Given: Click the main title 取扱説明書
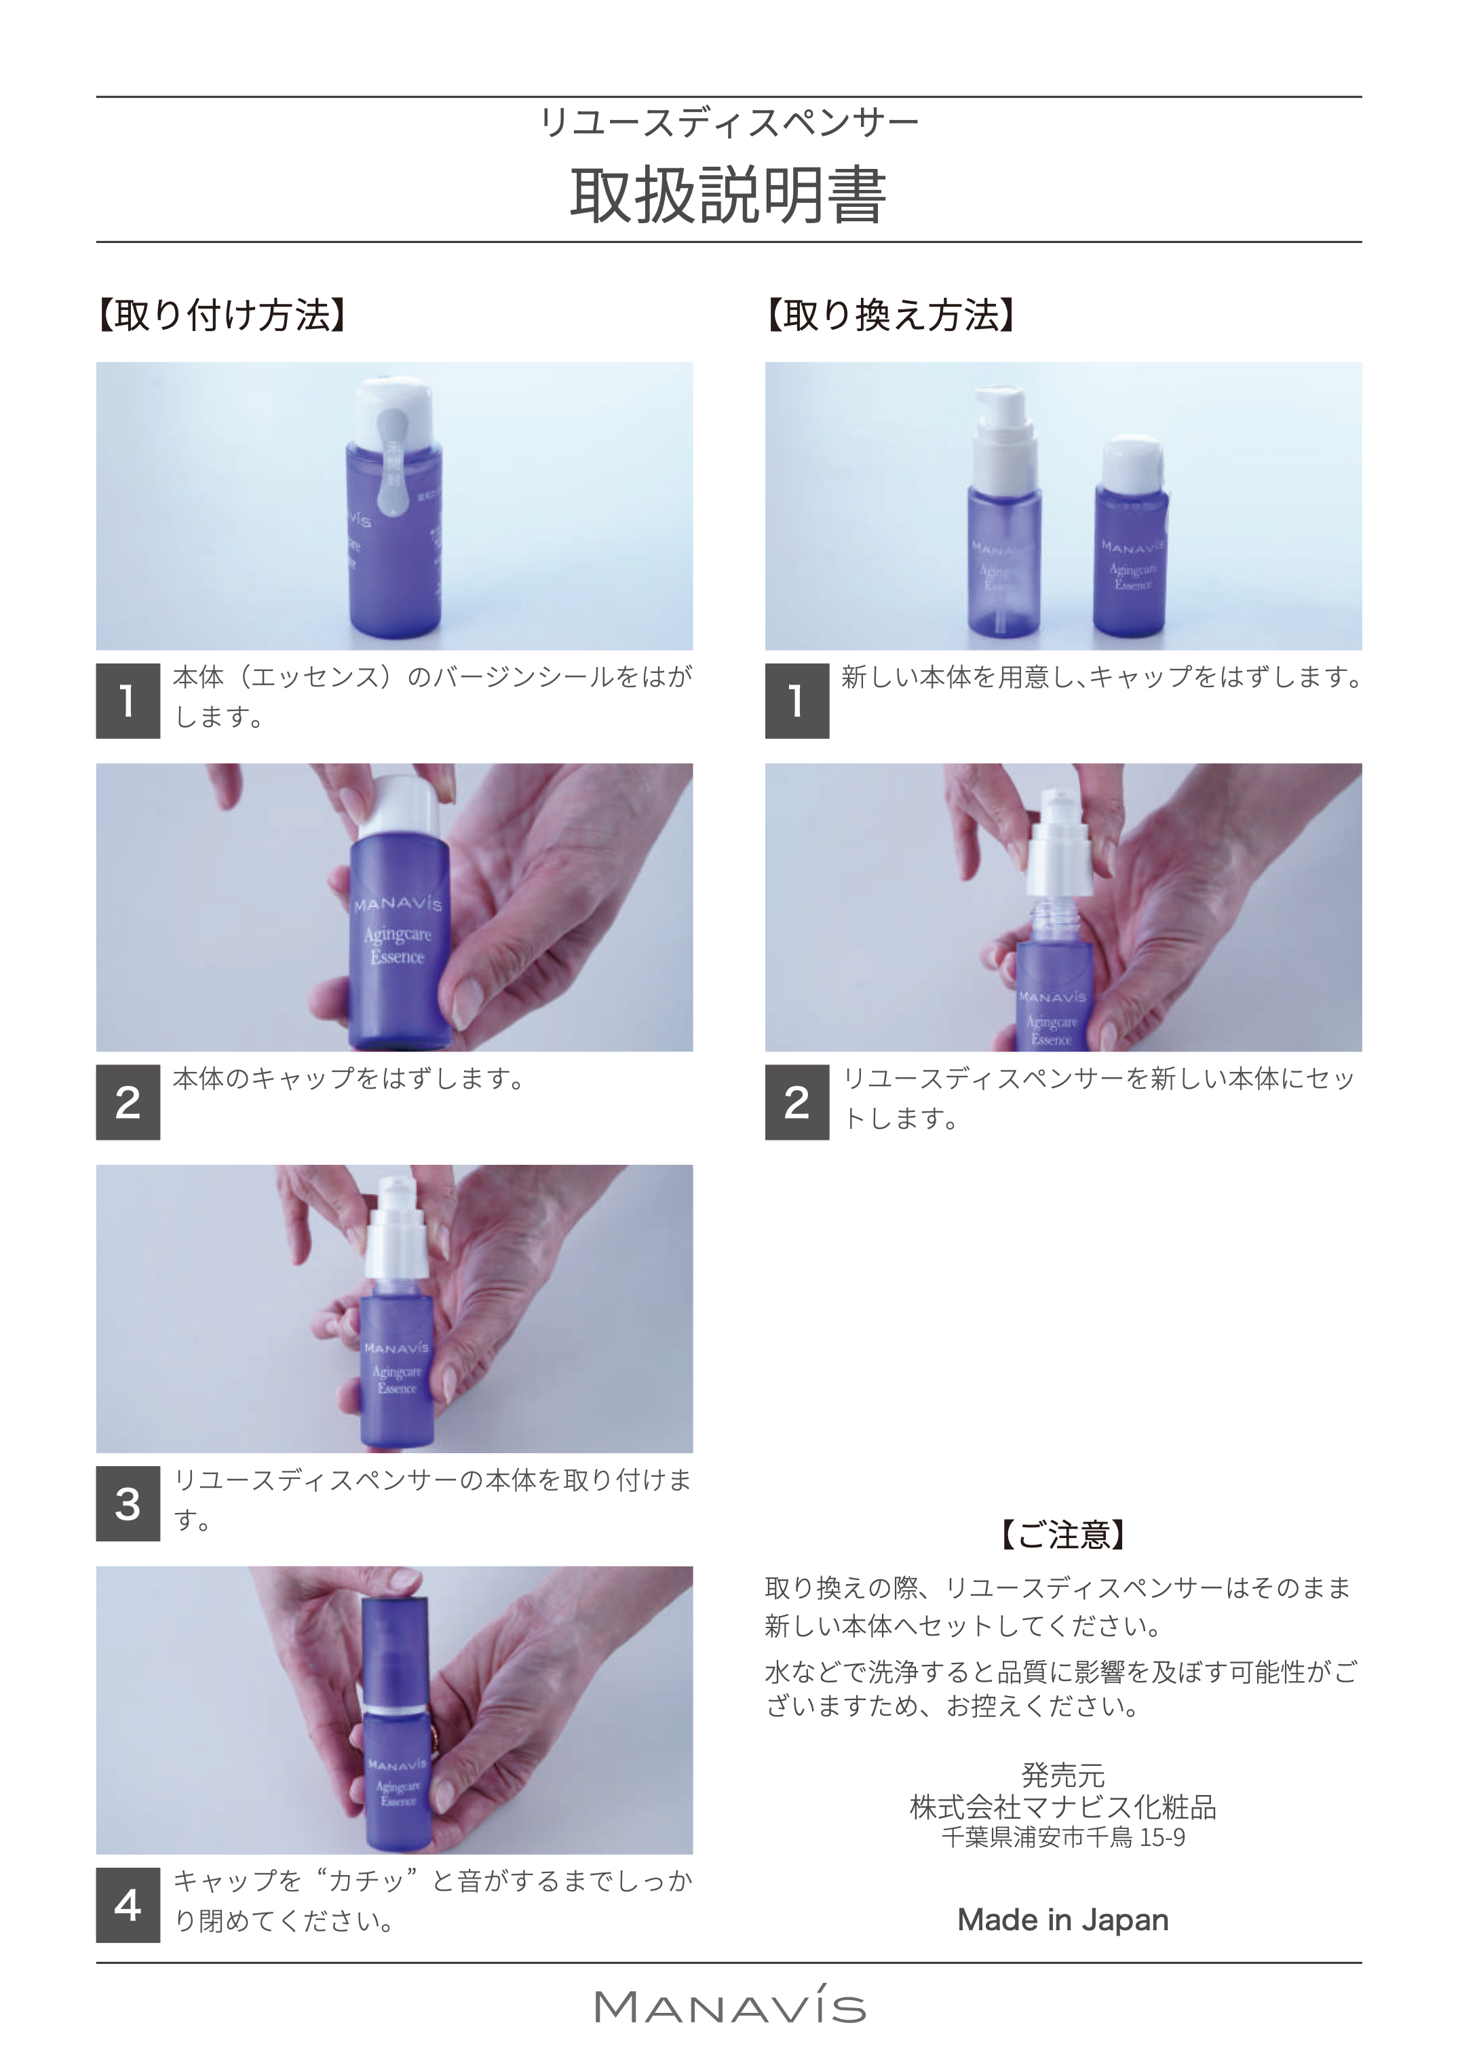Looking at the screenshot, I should pos(728,195).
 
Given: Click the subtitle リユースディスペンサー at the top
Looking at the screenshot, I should pos(728,122).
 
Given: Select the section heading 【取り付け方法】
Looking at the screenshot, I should pos(222,315).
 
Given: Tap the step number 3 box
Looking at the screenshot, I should pos(128,1503).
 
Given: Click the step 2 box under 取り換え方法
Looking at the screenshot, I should pos(797,1102).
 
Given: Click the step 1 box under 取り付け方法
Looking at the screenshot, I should pos(128,701).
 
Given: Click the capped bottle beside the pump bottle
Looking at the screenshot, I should pos(1131,539).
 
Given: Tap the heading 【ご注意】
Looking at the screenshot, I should pos(1063,1535).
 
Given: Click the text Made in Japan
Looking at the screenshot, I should pos(1063,1919).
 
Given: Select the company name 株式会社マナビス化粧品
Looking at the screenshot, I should pos(1063,1807).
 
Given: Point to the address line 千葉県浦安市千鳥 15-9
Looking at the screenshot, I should pos(1063,1837).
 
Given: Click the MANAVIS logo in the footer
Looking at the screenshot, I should pos(729,2007).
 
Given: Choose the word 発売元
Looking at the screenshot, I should pos(1063,1775).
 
